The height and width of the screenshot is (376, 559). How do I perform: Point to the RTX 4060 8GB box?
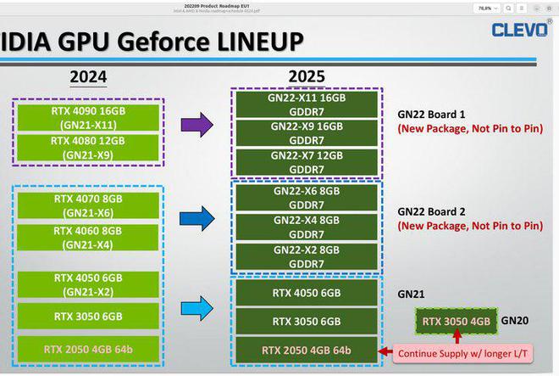(88, 238)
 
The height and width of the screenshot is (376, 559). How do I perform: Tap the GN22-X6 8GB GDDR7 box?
(307, 198)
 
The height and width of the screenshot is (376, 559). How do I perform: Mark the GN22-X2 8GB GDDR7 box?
(307, 256)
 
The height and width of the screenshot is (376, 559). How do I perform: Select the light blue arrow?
(196, 310)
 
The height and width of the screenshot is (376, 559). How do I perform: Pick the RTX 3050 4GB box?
(455, 321)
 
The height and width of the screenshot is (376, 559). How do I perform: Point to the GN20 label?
(515, 321)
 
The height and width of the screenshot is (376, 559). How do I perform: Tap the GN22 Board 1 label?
(432, 114)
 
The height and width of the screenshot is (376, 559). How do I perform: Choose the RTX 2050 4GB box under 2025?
(307, 350)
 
